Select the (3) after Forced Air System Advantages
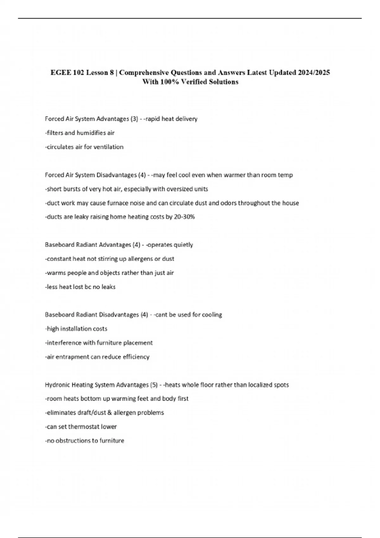pos(134,119)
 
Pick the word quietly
pos(183,245)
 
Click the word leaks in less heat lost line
pos(108,287)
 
